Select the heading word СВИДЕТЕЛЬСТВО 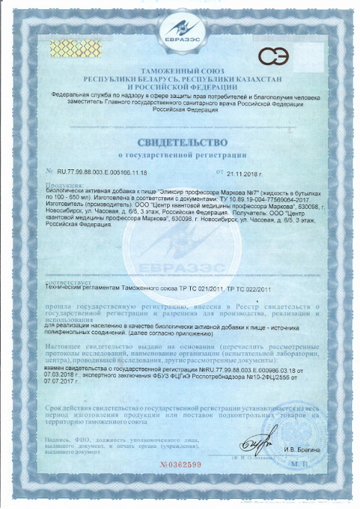pyautogui.click(x=180, y=142)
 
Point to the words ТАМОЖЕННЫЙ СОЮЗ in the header pyautogui.click(x=180, y=70)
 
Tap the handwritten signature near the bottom pyautogui.click(x=257, y=440)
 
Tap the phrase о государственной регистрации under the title pyautogui.click(x=180, y=154)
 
